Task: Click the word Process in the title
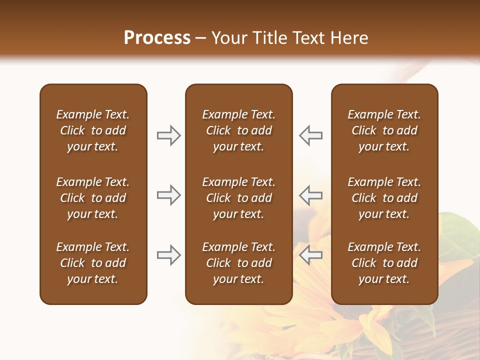[157, 38]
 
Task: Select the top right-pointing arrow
[169, 135]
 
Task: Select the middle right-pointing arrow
[169, 195]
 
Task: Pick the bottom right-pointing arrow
[169, 255]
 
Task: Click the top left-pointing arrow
[310, 135]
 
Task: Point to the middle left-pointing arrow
[310, 195]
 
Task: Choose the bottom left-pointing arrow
[310, 255]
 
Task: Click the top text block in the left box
[93, 130]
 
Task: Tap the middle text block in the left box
[93, 198]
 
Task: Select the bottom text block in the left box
[93, 263]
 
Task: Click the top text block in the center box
[238, 130]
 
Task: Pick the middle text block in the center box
[238, 198]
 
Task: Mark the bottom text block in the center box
[238, 263]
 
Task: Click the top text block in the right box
[384, 130]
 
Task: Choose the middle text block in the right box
[384, 198]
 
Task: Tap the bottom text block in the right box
[384, 263]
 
